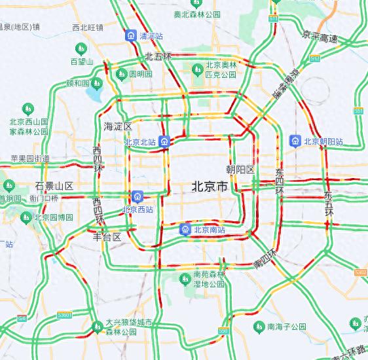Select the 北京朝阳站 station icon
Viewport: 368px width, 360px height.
click(x=295, y=141)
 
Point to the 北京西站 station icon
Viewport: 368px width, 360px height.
click(x=138, y=196)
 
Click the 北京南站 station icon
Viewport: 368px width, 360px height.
click(x=186, y=229)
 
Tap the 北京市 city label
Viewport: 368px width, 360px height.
click(x=210, y=187)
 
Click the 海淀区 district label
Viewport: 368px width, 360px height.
click(x=118, y=126)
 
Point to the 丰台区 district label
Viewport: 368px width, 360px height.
click(x=107, y=237)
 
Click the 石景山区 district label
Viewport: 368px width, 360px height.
click(x=54, y=186)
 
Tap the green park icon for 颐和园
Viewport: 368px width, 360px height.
click(x=96, y=84)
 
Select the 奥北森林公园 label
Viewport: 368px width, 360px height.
click(x=196, y=14)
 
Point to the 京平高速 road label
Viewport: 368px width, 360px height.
click(x=320, y=39)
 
